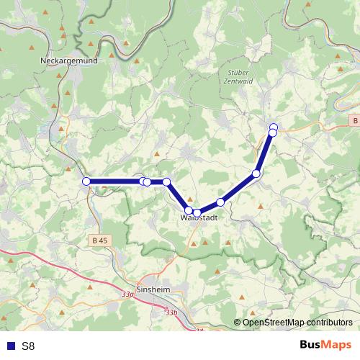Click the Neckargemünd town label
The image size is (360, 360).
[69, 61]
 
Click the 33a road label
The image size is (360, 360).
[128, 294]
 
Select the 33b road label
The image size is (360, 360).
[170, 312]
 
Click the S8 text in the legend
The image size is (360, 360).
[29, 346]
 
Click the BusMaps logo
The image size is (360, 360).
[326, 345]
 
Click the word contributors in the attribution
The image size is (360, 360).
[330, 323]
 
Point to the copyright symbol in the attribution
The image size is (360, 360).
[237, 323]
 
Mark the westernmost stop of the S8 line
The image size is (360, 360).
[86, 181]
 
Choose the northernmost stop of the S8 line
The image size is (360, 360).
[274, 127]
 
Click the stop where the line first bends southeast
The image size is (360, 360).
[166, 182]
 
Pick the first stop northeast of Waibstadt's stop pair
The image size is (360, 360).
[220, 202]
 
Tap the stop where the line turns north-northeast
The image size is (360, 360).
[256, 174]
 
